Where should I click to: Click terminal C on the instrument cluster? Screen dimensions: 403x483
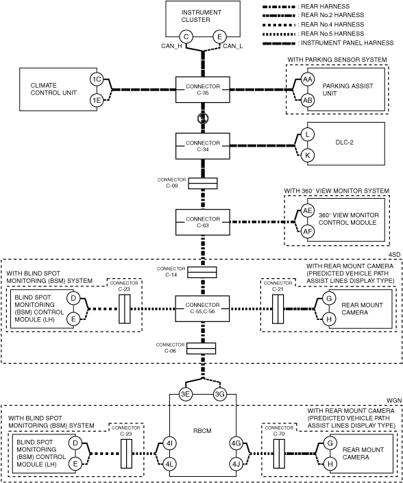[186, 37]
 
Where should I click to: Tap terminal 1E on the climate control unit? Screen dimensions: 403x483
[97, 100]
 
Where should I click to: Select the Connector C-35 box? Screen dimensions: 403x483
[203, 90]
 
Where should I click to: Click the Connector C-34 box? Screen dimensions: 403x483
[203, 146]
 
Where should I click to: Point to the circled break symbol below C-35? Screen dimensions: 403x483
[203, 118]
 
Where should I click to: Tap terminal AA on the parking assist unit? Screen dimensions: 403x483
[307, 79]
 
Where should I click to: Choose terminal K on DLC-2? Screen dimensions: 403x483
[307, 156]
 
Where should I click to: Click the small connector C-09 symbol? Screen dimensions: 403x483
[203, 184]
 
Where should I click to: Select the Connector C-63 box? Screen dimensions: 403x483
[203, 222]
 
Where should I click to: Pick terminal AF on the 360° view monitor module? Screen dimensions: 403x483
[308, 232]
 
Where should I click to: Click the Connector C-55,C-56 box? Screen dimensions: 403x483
[202, 308]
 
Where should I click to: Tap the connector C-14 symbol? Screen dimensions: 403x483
[202, 273]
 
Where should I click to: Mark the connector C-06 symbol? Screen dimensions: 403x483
[201, 349]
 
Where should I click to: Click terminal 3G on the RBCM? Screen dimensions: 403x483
[220, 395]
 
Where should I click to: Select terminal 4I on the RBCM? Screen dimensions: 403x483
[169, 443]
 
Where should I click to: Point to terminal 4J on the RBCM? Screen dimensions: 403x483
[236, 464]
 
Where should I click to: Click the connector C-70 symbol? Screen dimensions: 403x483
[279, 454]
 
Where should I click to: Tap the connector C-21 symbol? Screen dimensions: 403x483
[278, 309]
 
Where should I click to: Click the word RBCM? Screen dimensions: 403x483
[202, 431]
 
